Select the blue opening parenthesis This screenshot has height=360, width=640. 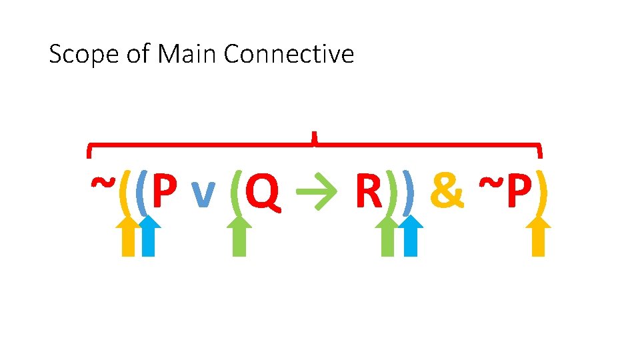pos(141,192)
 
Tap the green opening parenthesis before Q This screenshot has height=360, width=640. pos(235,192)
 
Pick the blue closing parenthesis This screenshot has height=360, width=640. pos(408,192)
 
